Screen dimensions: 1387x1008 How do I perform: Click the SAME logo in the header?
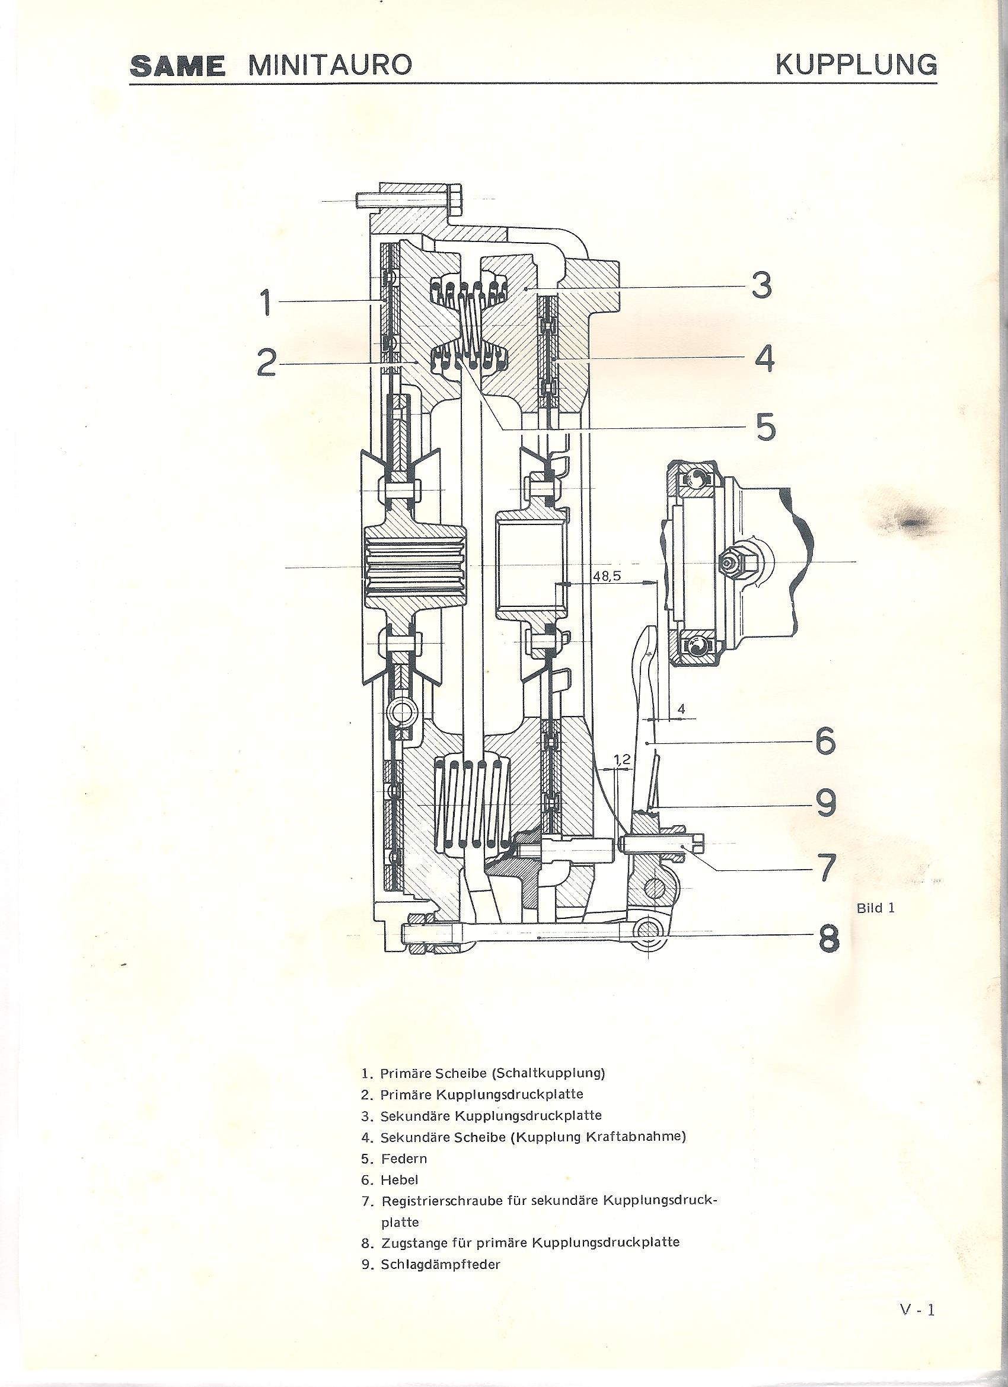(x=177, y=65)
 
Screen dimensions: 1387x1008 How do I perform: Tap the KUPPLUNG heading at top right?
(x=856, y=64)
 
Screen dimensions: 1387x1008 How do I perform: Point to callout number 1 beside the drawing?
(x=266, y=303)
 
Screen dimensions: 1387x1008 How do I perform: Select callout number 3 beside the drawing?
(x=761, y=285)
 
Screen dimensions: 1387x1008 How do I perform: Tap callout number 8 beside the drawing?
(x=828, y=952)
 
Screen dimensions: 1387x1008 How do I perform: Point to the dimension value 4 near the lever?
(x=681, y=709)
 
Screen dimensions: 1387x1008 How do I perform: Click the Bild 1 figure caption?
(x=875, y=908)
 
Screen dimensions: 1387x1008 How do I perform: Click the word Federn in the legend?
(x=404, y=1158)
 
